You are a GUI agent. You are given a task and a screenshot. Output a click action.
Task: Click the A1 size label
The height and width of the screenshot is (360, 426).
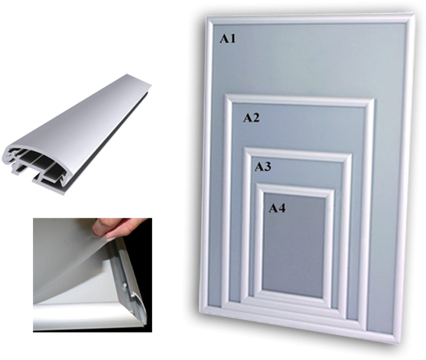[228, 37]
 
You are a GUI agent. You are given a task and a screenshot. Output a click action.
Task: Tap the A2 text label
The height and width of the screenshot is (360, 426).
[252, 118]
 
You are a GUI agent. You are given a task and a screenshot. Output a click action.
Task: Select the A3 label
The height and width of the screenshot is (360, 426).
[263, 167]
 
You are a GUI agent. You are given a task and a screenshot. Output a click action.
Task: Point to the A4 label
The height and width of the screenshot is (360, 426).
[277, 206]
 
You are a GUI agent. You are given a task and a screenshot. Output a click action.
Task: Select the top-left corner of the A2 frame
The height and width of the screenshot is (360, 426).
[225, 96]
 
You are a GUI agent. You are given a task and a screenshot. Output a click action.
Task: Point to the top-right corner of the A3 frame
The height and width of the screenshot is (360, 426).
[350, 156]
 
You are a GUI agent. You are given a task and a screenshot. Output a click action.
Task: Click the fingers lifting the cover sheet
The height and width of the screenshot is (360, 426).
[122, 228]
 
